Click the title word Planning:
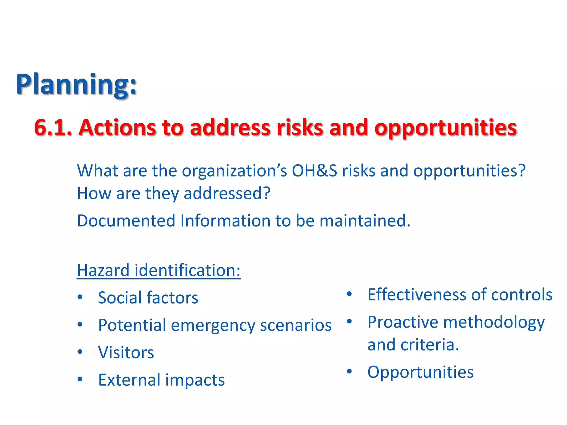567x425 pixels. point(76,84)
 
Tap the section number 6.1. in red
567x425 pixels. point(53,128)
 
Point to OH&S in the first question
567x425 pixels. point(314,171)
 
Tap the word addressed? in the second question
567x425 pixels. point(227,193)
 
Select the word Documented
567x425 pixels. point(126,221)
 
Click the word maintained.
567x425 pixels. point(365,221)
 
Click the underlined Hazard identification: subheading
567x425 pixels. point(158,270)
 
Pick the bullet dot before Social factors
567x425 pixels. point(80,297)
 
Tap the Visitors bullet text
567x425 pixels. point(126,353)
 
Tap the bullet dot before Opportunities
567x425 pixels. point(349,371)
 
